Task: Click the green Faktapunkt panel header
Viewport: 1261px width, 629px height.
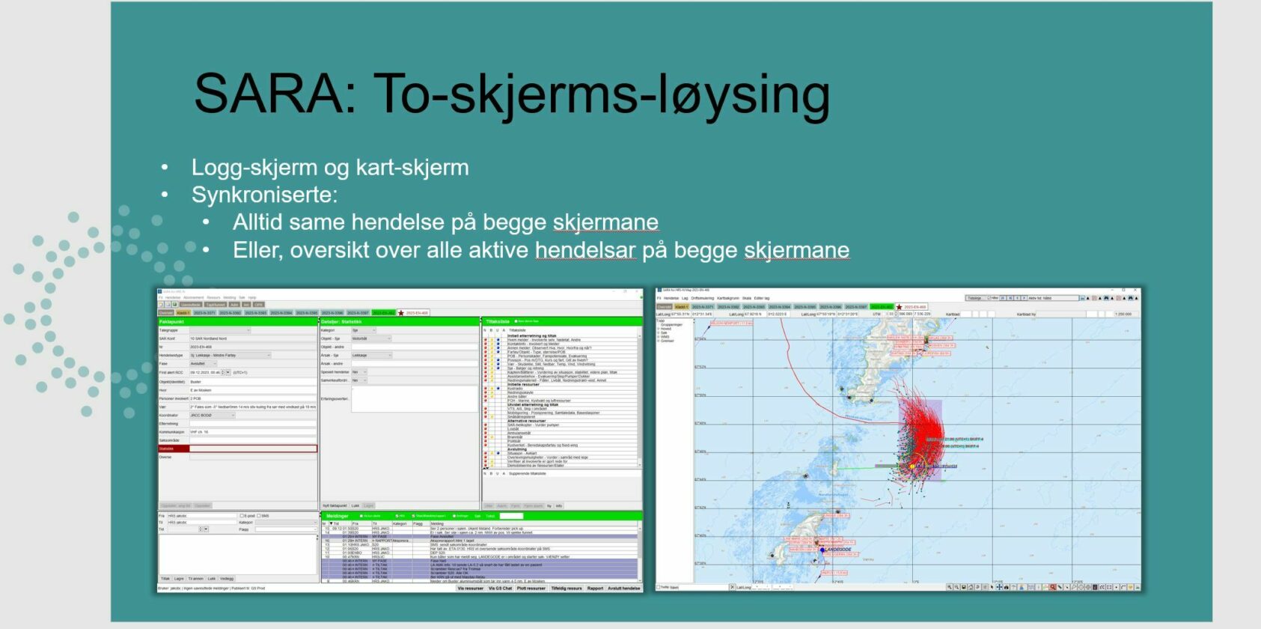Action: (x=171, y=321)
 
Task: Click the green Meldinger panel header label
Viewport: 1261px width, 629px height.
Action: (x=338, y=516)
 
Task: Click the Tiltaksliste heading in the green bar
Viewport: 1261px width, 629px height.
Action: (x=498, y=321)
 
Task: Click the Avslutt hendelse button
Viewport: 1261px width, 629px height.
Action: (x=623, y=589)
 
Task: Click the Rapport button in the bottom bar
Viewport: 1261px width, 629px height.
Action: (x=595, y=589)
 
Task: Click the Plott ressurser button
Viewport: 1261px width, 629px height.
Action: (x=531, y=589)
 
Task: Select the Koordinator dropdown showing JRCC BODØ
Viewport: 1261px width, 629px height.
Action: (x=212, y=416)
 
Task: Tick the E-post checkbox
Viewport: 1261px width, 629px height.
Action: (x=242, y=516)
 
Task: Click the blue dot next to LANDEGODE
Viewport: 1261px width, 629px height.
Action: (x=822, y=550)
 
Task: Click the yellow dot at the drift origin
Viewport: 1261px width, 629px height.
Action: (x=912, y=466)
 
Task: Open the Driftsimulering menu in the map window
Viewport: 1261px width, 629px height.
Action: (x=702, y=298)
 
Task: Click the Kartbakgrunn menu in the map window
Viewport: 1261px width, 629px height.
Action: (x=728, y=298)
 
